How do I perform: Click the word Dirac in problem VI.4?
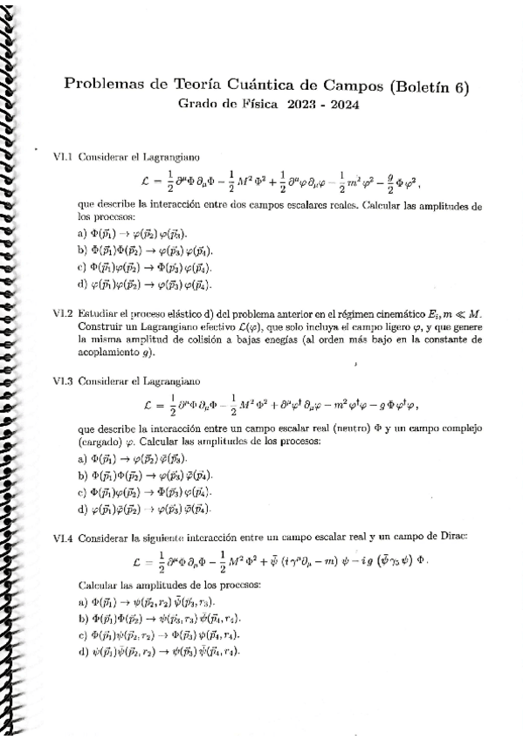point(452,540)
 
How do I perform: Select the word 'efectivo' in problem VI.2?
point(223,326)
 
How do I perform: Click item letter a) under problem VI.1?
point(83,233)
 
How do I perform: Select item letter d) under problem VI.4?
point(83,651)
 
